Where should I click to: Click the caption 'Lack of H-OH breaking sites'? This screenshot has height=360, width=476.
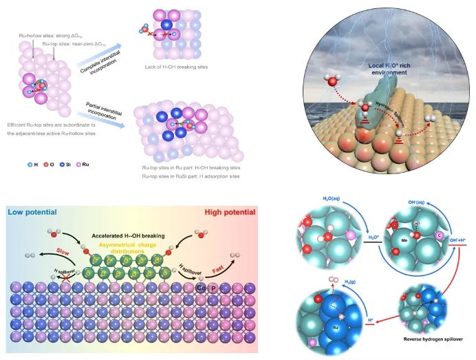point(177,67)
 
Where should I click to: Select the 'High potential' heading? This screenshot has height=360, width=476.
point(228,209)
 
